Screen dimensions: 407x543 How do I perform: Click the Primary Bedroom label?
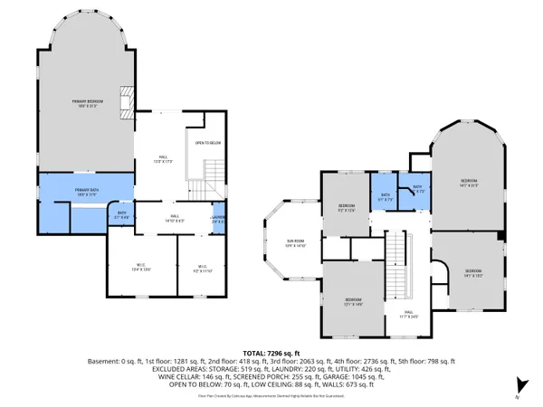[89, 102]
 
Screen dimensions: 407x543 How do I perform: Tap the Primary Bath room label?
[88, 191]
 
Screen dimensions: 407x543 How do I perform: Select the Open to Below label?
[209, 143]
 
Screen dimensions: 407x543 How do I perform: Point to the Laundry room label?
[219, 218]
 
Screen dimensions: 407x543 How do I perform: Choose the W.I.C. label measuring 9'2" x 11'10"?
[202, 268]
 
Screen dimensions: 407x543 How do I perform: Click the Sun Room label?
[283, 242]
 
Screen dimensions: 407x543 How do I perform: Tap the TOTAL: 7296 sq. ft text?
[271, 352]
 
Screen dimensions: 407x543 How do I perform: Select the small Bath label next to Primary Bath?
[121, 215]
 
